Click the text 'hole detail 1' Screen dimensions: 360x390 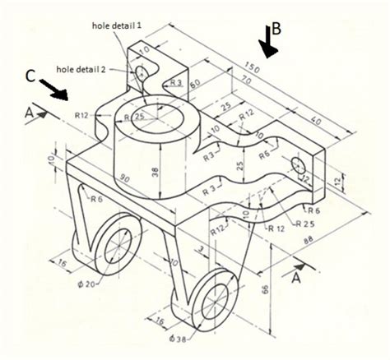pyautogui.click(x=118, y=25)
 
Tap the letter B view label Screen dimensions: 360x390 pyautogui.click(x=276, y=28)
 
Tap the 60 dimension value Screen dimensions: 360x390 pyautogui.click(x=196, y=84)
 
